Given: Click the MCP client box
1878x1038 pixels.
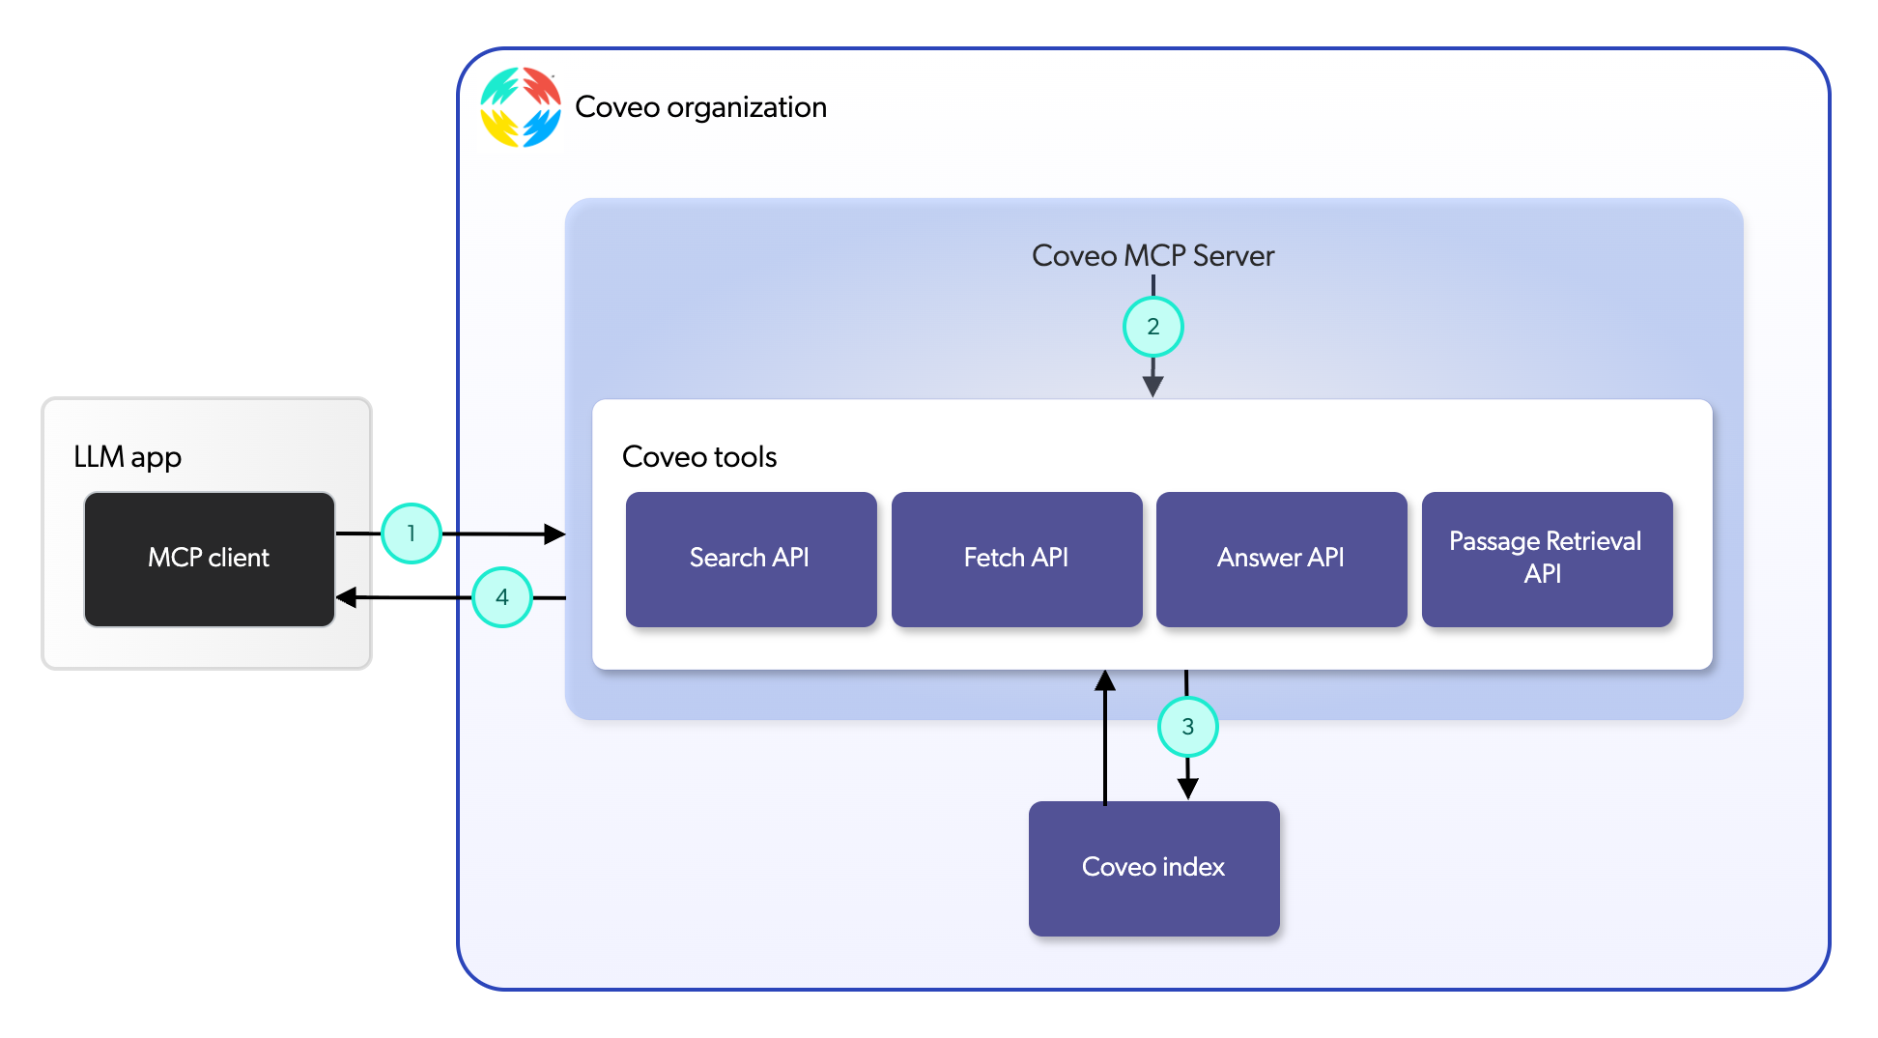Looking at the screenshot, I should click(x=209, y=559).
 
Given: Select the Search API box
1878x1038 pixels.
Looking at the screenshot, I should click(x=751, y=559).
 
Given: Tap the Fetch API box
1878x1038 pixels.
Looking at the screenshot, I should click(x=1016, y=559).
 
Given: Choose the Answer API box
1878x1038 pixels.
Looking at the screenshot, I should click(x=1281, y=559).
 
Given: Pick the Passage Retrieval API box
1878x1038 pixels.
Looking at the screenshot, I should click(x=1547, y=559).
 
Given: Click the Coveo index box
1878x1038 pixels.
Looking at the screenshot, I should click(x=1153, y=867).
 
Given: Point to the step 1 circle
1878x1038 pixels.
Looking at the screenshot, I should click(x=412, y=533).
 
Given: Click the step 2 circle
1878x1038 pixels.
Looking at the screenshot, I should click(x=1152, y=327).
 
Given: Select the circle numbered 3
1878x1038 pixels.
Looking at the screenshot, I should click(x=1187, y=727).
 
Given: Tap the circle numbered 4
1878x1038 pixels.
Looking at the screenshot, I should click(x=502, y=597).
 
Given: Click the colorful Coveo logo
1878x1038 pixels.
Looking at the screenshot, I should click(x=521, y=107).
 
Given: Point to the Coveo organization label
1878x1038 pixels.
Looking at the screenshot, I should click(x=700, y=107).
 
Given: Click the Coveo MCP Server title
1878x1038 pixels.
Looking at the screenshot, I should click(x=1152, y=255).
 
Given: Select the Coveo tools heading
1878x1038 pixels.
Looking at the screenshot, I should click(x=699, y=456).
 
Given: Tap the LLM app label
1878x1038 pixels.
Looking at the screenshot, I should click(x=128, y=456).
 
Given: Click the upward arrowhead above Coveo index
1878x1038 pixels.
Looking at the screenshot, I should click(x=1105, y=680).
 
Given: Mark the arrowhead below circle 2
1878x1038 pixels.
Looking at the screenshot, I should click(x=1152, y=386).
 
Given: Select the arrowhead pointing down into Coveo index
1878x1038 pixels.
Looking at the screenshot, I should click(x=1187, y=789).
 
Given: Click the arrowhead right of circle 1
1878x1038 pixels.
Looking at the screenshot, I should click(x=554, y=533).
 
